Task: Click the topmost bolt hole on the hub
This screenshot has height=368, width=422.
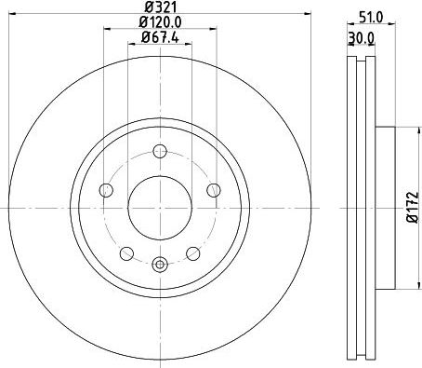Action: [x=159, y=151]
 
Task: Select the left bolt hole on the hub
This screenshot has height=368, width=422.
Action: [x=106, y=190]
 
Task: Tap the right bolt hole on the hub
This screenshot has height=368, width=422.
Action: [x=213, y=190]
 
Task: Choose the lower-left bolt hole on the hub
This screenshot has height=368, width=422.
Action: [x=126, y=252]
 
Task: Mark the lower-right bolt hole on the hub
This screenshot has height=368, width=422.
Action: [x=192, y=252]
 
